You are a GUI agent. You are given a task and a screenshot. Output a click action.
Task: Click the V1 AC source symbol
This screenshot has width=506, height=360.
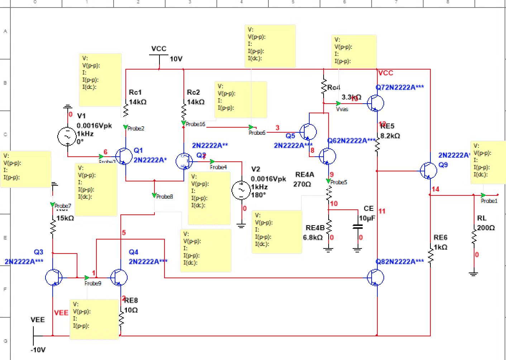(x=67, y=136)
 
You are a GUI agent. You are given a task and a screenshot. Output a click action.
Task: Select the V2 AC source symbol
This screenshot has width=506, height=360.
(x=241, y=190)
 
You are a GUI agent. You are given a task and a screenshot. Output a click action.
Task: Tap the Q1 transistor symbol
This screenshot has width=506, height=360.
(x=124, y=156)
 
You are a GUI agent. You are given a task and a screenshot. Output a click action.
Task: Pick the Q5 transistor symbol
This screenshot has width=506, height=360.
(x=308, y=132)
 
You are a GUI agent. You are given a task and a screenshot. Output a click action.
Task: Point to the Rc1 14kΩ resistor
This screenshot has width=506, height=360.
(x=126, y=110)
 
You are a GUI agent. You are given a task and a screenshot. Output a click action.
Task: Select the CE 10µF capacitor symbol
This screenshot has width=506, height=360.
(x=357, y=227)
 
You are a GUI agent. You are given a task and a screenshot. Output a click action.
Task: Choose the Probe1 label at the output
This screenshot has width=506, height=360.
(x=489, y=201)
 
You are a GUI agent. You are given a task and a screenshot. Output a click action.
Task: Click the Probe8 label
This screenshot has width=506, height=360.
(x=164, y=196)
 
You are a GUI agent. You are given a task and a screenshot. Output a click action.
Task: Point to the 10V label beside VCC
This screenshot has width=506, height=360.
(x=176, y=59)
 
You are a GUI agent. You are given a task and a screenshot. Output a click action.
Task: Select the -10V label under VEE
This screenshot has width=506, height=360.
(x=38, y=350)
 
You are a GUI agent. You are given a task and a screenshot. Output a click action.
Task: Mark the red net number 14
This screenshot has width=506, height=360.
(x=435, y=189)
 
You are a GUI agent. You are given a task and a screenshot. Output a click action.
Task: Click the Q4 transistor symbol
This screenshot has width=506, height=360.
(x=119, y=277)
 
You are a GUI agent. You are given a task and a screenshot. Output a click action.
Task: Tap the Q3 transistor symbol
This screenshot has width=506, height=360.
(x=53, y=277)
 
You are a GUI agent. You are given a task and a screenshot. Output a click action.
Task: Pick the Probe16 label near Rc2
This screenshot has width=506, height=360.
(x=195, y=124)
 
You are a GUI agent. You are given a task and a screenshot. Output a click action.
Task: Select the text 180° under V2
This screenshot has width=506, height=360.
(x=258, y=195)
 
